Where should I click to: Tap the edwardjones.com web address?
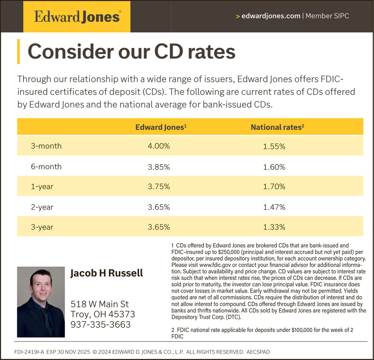(271, 16)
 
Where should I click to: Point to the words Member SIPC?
(327, 16)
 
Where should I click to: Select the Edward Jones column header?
(161, 127)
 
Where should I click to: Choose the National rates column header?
(277, 127)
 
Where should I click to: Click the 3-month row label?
(46, 146)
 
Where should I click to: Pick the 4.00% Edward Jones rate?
(159, 146)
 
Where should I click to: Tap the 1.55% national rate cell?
(274, 147)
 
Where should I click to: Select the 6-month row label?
(46, 166)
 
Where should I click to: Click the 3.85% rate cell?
(159, 167)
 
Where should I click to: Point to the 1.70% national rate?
(274, 187)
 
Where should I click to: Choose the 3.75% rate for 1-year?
(159, 187)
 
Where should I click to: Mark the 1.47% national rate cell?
(274, 207)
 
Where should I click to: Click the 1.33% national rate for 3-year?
(274, 227)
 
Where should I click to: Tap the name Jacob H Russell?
(107, 273)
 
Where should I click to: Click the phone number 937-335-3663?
(101, 324)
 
